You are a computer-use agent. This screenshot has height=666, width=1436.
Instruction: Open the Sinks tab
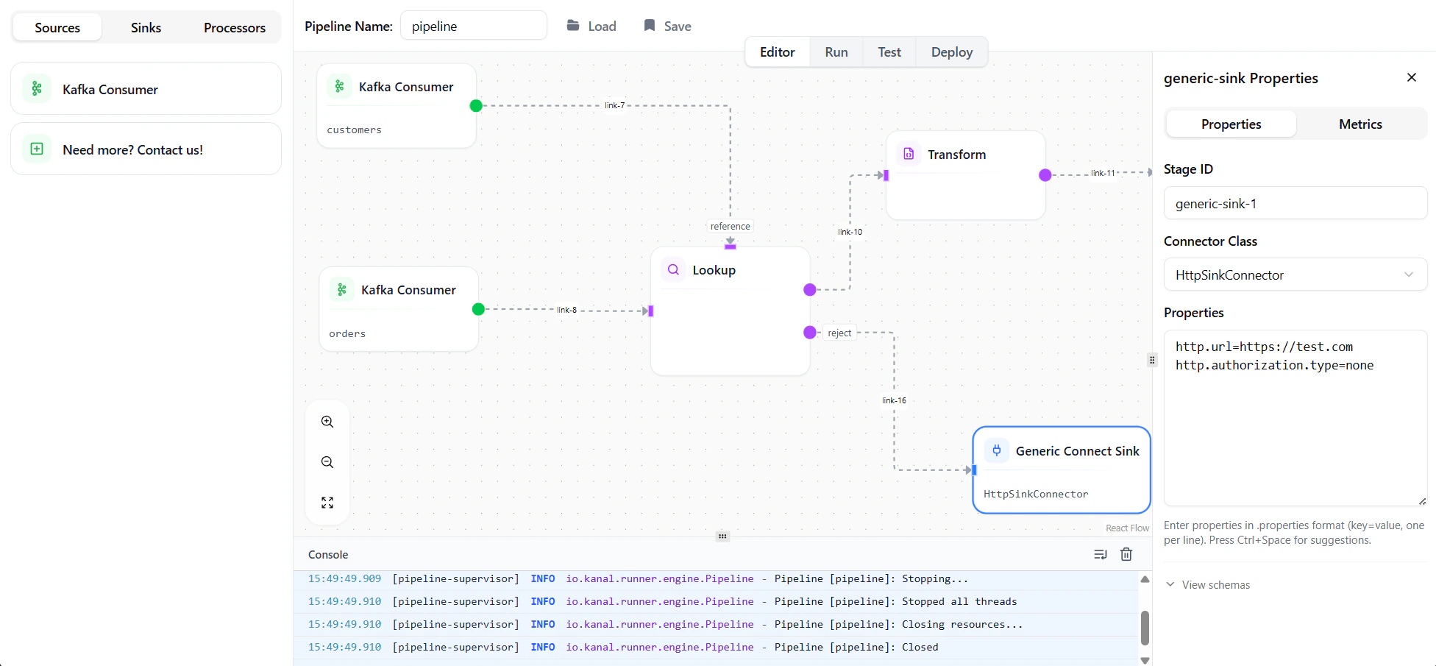click(146, 28)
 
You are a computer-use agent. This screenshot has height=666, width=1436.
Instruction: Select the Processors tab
click(234, 28)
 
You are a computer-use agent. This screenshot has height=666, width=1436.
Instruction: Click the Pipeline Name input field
click(473, 26)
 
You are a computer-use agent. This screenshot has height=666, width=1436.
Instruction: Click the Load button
click(591, 26)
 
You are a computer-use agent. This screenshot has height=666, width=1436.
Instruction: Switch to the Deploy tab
click(951, 52)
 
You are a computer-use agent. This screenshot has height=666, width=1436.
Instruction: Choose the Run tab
click(836, 52)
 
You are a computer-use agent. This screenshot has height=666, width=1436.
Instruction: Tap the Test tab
click(889, 52)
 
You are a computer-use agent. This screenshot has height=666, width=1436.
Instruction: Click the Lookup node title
click(714, 270)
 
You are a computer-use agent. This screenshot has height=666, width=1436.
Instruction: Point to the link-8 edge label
click(566, 310)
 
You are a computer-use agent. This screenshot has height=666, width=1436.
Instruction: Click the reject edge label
click(839, 333)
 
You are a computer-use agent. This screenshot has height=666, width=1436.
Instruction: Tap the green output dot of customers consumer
click(476, 106)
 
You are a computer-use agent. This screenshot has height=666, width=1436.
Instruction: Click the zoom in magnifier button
click(327, 422)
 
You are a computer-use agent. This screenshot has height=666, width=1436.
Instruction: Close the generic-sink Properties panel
click(1411, 77)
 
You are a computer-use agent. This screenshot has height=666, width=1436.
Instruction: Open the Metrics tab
click(1359, 124)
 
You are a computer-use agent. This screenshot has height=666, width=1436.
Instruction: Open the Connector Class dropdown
click(1295, 274)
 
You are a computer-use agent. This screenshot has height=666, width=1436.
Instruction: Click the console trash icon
click(1126, 554)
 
